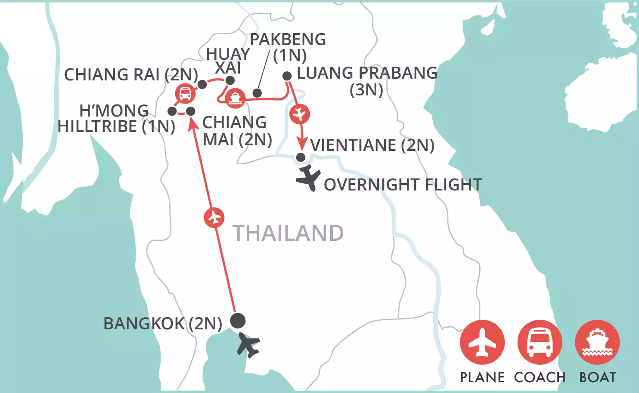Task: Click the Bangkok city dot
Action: pos(238,320)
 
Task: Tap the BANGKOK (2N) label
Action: pos(163,323)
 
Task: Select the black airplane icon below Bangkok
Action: pos(248,344)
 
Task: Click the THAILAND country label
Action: pos(288,233)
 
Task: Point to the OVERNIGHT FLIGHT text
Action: pos(403,185)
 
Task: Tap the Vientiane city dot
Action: pos(301,157)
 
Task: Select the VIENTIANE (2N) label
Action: pos(372,145)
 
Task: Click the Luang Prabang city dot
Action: pos(287,76)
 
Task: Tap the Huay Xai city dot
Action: pos(230,80)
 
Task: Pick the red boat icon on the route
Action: pos(235,98)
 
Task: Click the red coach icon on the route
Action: pos(185,94)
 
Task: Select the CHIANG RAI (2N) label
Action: pos(131,75)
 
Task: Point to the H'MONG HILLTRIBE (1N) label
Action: pos(116,119)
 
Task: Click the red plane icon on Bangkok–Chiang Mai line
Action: pos(214,218)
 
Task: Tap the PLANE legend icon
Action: pos(482,342)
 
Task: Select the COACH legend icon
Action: pos(540,342)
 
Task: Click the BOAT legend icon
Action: pos(597,342)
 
